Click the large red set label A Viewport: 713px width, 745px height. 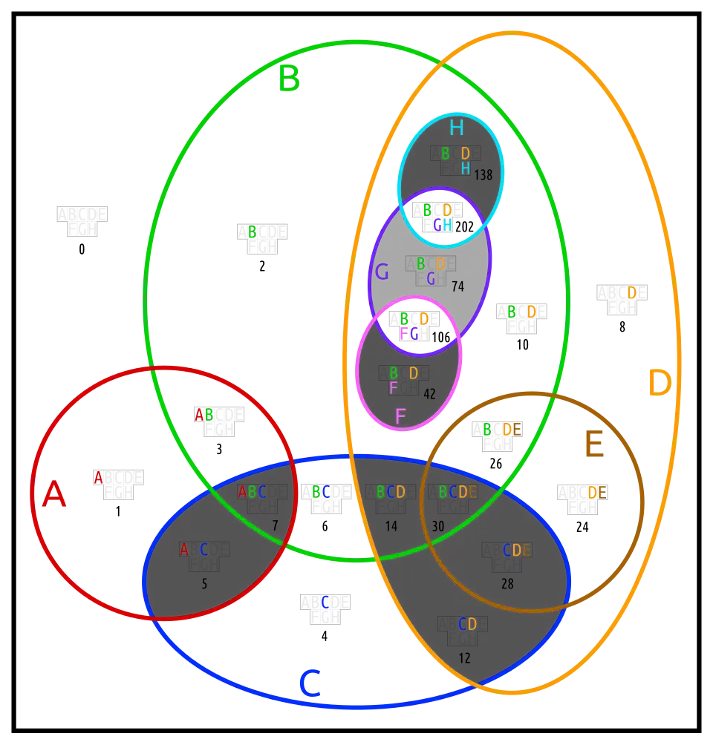[x=53, y=494]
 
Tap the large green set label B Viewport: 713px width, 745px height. [x=289, y=79]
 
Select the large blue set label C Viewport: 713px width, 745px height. [x=309, y=683]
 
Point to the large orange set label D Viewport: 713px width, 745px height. [x=659, y=384]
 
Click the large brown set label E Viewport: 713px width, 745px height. [x=593, y=445]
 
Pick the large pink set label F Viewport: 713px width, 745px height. [x=400, y=416]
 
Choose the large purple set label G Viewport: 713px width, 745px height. [x=382, y=272]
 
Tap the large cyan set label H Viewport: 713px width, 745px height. [x=456, y=128]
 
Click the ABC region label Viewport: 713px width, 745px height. [x=252, y=492]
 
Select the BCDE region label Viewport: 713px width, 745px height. [x=458, y=492]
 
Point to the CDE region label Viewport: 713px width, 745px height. [x=517, y=551]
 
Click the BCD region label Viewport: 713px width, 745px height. [x=391, y=492]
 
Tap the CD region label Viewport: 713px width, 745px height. [x=467, y=624]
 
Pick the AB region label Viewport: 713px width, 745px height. [x=204, y=414]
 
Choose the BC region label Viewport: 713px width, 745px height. [x=321, y=491]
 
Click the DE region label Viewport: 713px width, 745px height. [x=597, y=492]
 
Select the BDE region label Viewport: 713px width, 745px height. [x=501, y=429]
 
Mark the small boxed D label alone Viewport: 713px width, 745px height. [x=631, y=292]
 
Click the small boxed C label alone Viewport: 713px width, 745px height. [x=325, y=602]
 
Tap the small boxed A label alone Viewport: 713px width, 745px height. [x=98, y=477]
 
